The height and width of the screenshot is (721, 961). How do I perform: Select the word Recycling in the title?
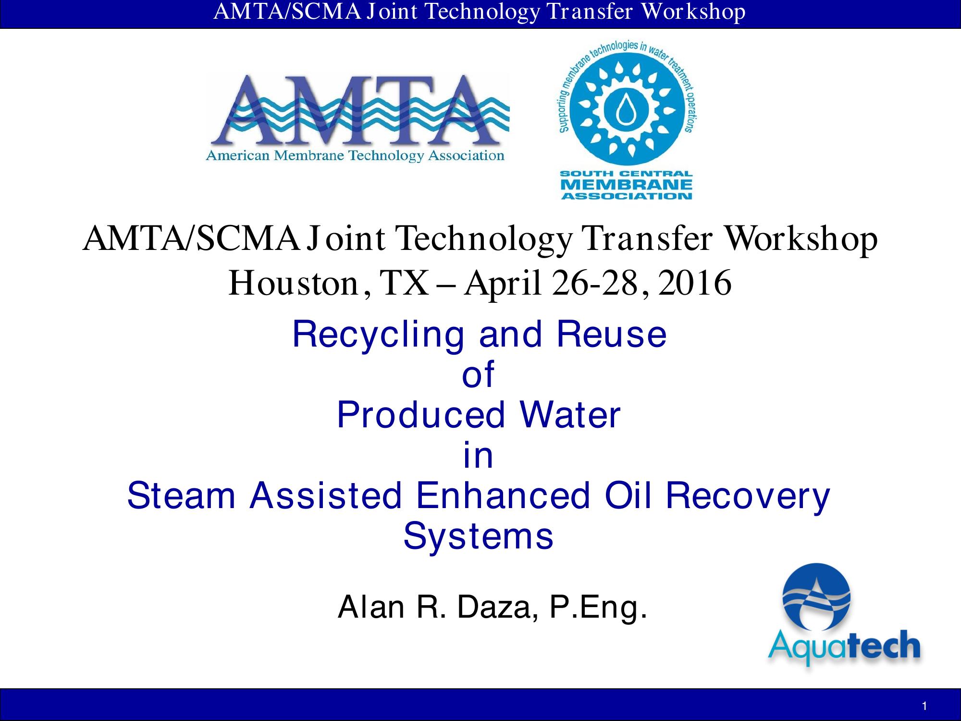(x=378, y=336)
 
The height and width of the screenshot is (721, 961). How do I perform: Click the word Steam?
(x=181, y=496)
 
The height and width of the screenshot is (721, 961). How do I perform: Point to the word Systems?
(x=478, y=537)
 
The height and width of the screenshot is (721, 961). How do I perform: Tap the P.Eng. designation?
(x=598, y=609)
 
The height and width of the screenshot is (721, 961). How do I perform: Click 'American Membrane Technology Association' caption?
(x=355, y=156)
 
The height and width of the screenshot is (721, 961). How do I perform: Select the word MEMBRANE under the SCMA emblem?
(x=627, y=185)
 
